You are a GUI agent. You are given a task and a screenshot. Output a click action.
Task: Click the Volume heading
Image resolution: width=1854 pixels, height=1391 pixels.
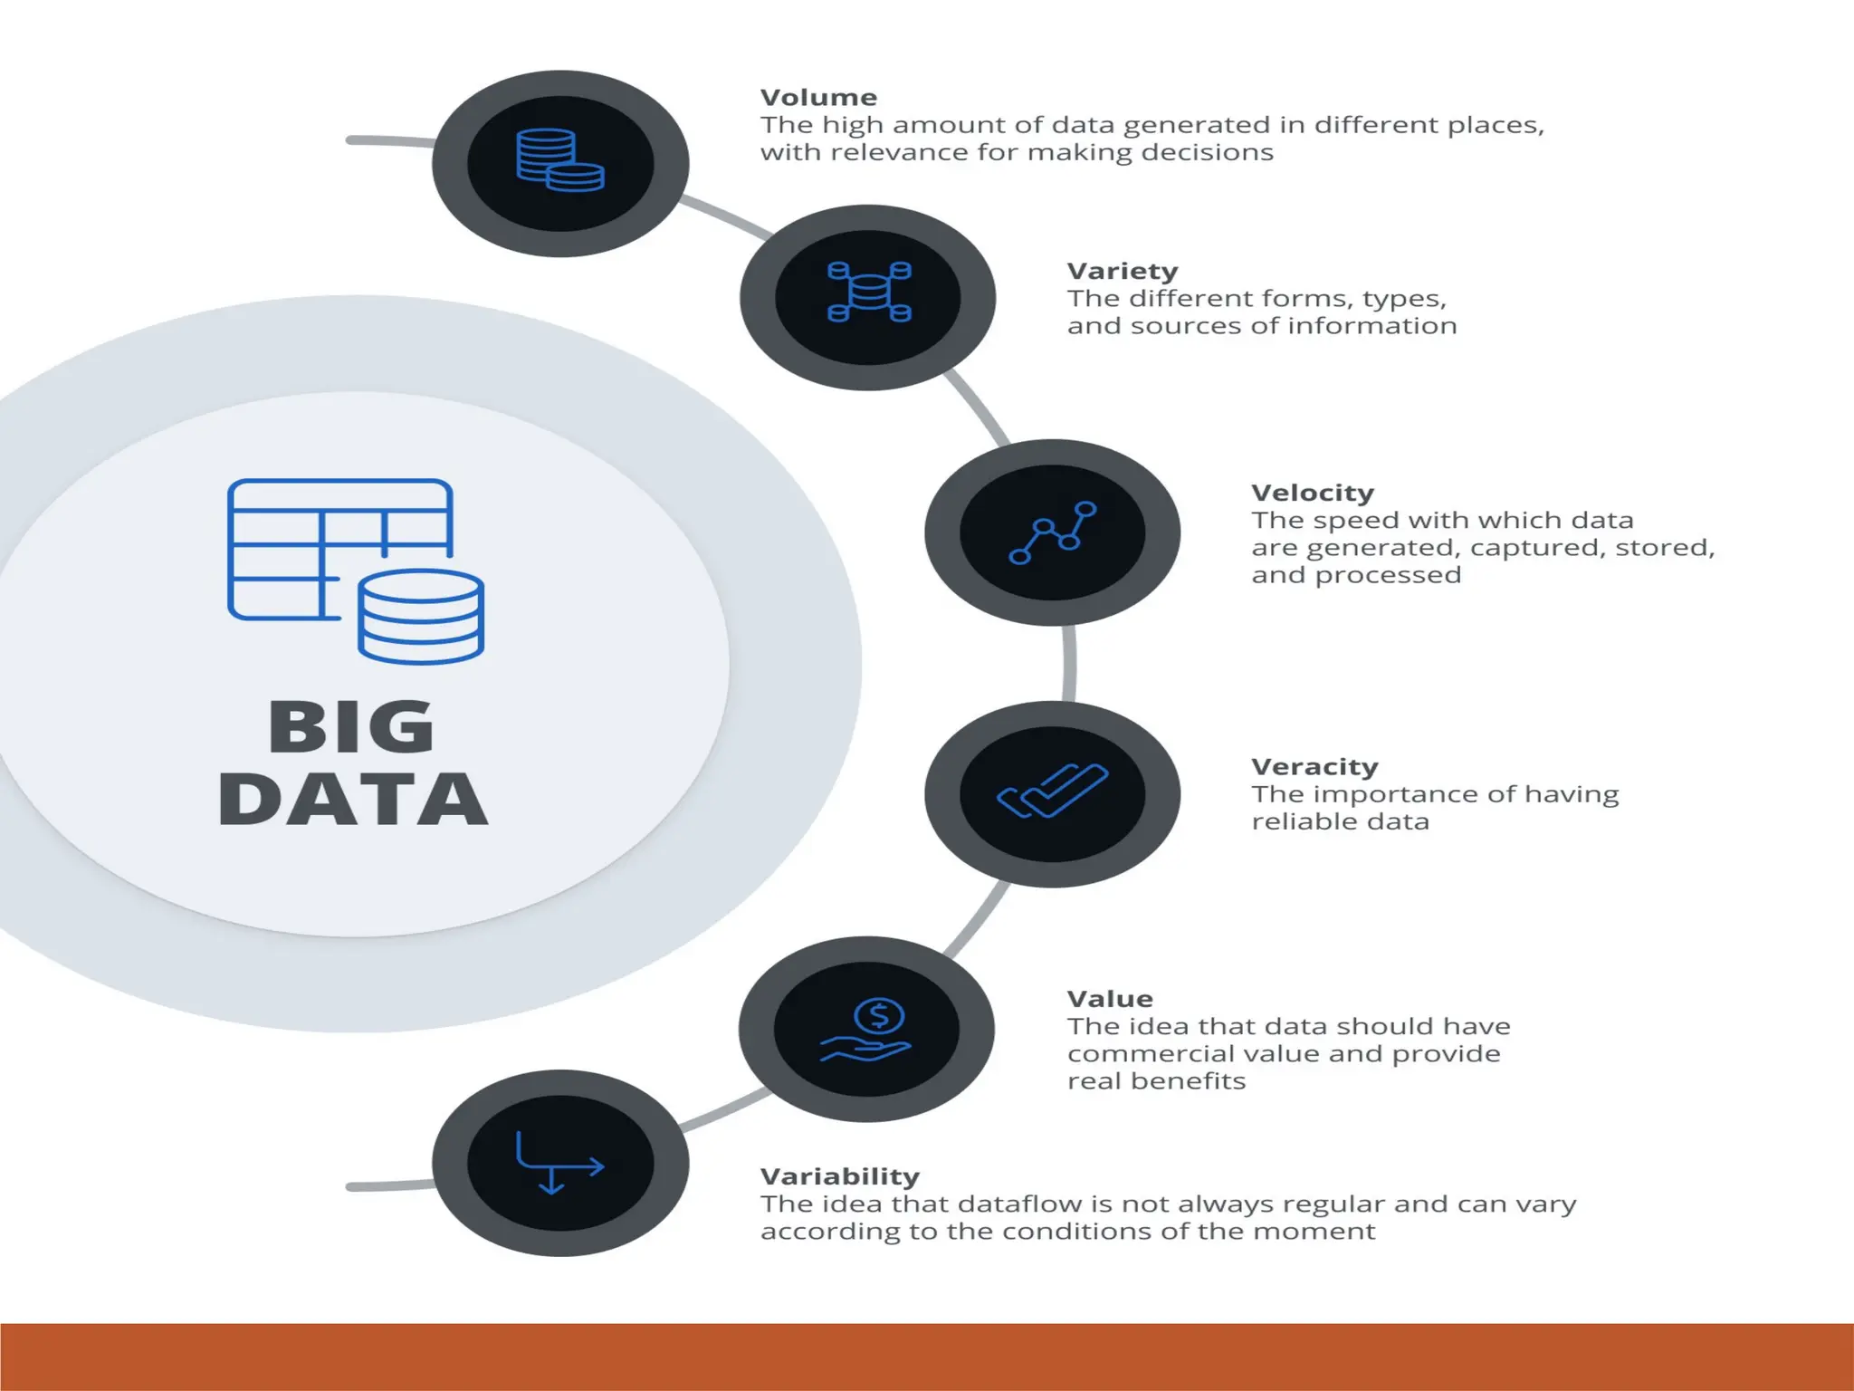818,98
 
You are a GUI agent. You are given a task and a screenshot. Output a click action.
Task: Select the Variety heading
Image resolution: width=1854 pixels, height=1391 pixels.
1123,272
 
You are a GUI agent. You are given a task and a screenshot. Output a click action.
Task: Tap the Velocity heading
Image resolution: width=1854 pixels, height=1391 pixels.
1313,494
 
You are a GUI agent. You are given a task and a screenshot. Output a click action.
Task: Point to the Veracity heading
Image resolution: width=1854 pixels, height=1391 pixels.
1314,767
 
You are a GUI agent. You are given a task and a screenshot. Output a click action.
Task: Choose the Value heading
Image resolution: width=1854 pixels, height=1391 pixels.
1110,999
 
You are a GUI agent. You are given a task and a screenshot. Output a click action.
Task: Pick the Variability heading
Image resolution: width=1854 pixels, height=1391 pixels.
839,1176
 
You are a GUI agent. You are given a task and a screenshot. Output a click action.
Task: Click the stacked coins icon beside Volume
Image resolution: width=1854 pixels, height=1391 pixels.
560,161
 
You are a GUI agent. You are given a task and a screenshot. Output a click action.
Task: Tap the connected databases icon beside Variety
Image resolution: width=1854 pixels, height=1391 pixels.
869,292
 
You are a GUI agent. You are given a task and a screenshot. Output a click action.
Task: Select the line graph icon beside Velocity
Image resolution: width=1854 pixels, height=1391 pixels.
1052,532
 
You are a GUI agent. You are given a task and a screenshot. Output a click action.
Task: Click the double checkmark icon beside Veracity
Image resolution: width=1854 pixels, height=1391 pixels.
1052,791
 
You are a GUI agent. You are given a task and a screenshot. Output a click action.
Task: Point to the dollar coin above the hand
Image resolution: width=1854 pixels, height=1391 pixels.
879,1016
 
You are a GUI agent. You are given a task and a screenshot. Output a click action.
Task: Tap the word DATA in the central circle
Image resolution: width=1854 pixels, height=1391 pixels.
353,800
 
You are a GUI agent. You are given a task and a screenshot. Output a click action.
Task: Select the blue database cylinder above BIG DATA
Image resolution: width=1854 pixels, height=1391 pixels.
421,617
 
